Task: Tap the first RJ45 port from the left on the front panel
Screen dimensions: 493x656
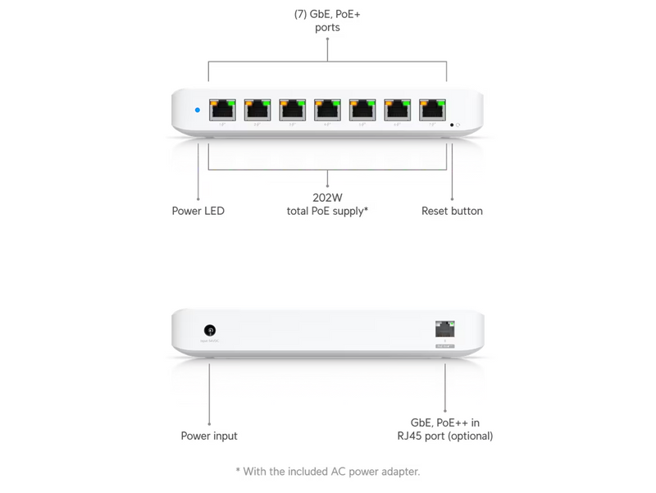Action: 222,110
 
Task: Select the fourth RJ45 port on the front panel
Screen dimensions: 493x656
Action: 327,110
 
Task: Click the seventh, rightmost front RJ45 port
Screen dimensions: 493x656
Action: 432,110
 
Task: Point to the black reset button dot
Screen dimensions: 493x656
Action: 452,126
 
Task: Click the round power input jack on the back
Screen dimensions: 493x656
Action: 210,330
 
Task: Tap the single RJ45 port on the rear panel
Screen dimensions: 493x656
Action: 445,329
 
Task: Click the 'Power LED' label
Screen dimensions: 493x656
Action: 198,211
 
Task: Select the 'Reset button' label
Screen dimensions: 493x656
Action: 452,211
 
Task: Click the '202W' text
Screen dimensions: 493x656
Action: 327,197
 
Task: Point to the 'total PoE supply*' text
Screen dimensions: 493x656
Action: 327,211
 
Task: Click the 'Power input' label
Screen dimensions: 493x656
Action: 209,436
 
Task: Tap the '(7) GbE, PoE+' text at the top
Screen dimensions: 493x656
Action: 327,14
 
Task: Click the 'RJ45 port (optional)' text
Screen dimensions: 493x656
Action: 445,436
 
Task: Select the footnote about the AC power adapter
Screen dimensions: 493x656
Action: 327,471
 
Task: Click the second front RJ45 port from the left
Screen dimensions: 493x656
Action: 257,110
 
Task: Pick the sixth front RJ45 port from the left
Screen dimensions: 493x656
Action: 398,110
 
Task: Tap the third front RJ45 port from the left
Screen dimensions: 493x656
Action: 293,110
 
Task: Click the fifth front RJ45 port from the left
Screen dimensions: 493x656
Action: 362,110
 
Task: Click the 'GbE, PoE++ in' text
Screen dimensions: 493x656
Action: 445,422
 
